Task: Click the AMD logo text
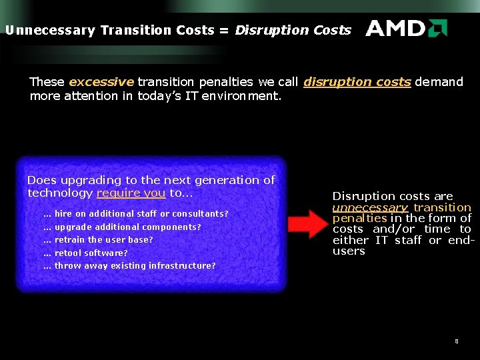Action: pos(395,28)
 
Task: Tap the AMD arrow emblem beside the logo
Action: pos(437,28)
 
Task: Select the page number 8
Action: pos(456,341)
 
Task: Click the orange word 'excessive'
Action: pos(101,82)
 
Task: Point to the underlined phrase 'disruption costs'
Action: pos(357,82)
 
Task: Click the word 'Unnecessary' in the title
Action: pos(49,30)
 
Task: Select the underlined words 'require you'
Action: pos(131,193)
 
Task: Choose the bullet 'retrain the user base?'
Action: pos(104,240)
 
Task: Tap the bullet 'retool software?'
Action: pos(91,253)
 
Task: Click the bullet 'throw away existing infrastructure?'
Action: pos(135,266)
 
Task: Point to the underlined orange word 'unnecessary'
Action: pos(370,207)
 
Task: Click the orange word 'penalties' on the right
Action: pos(359,218)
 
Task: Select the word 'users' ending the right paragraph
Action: pos(349,251)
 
